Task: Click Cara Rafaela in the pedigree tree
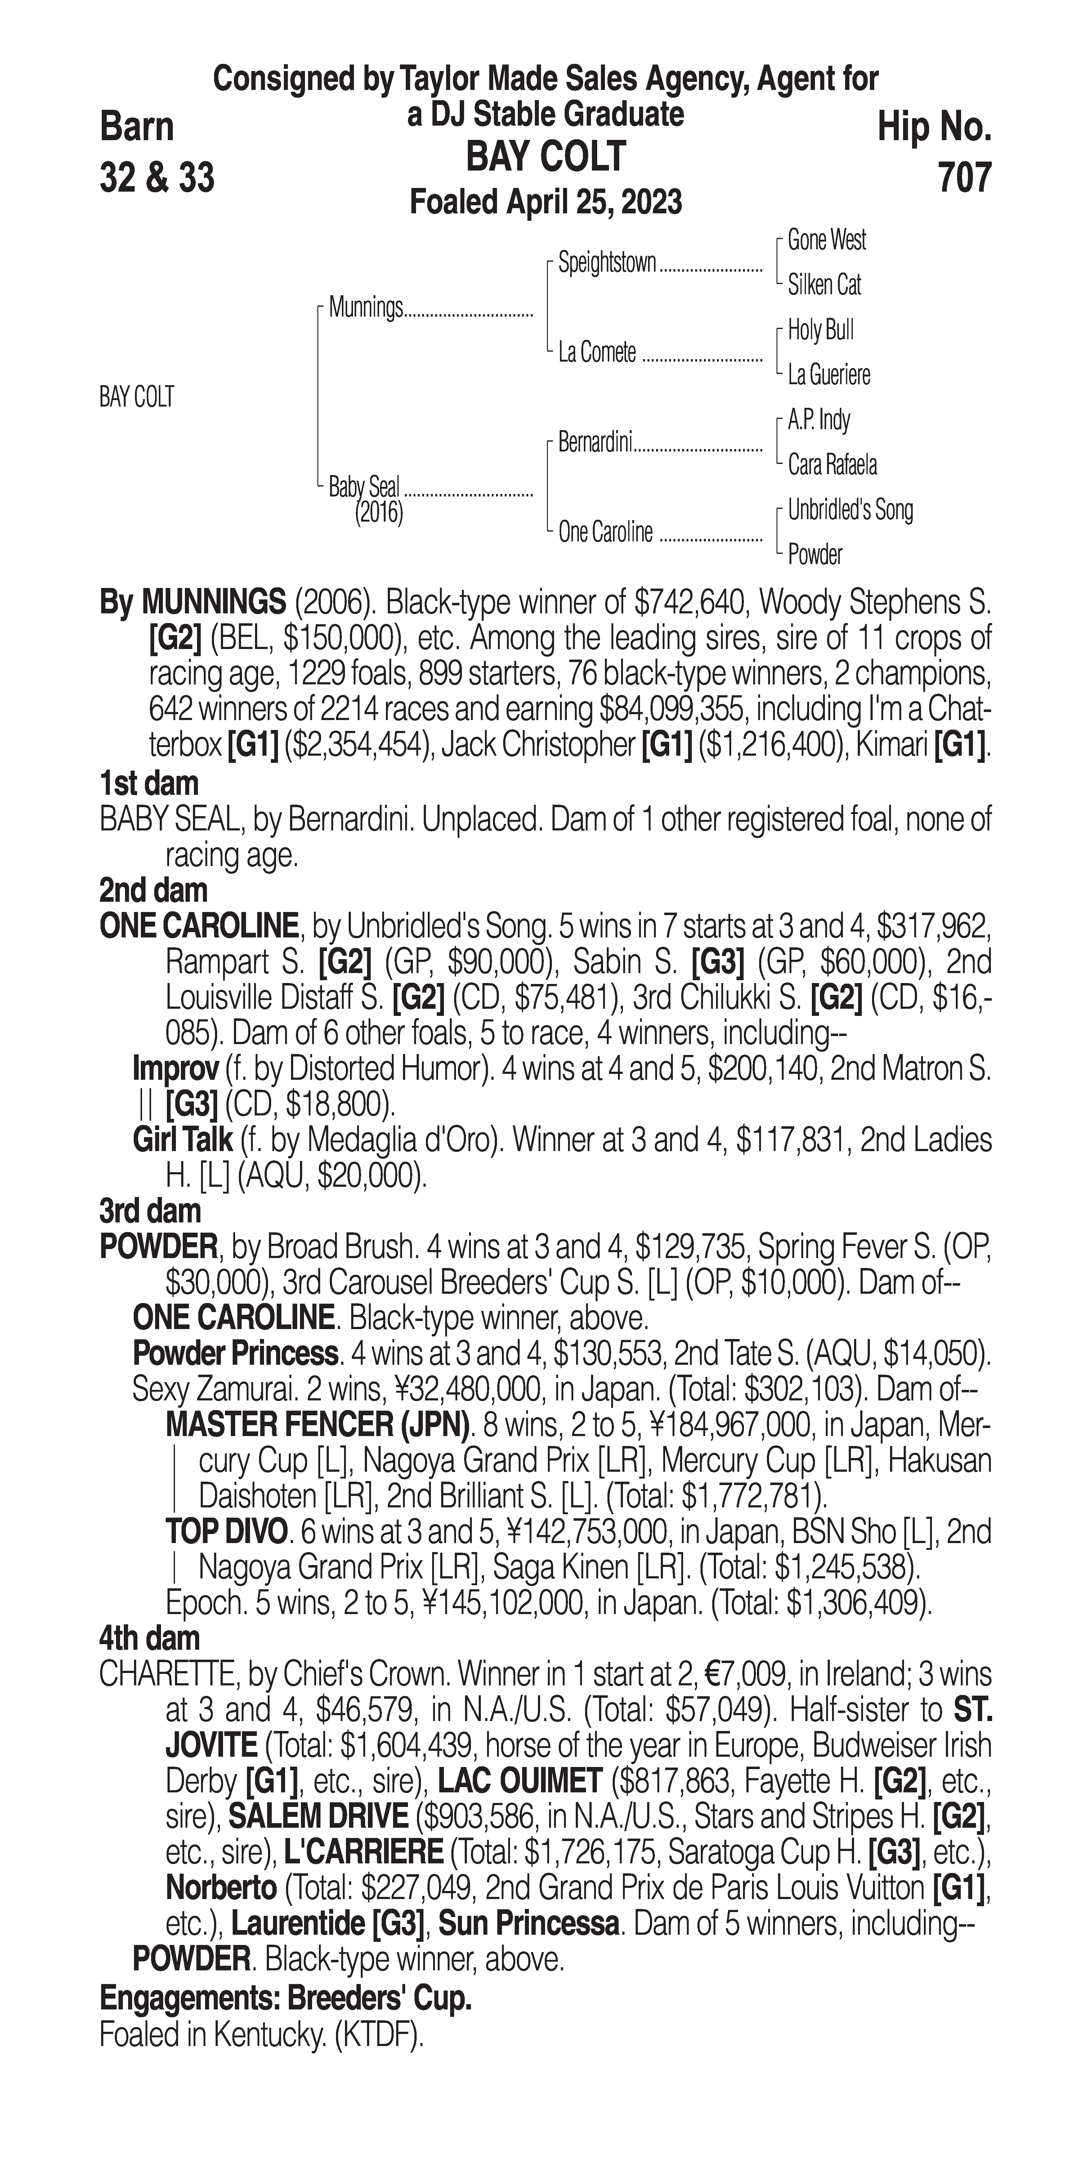[x=832, y=465]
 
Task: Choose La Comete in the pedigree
[x=597, y=353]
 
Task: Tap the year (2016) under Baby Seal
[x=378, y=513]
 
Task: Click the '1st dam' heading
[x=149, y=784]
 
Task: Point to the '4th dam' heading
[x=149, y=1638]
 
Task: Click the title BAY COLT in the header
[x=546, y=157]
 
